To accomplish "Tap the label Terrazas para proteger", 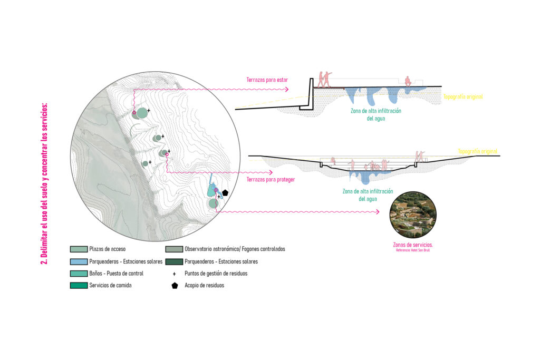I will pos(271,180).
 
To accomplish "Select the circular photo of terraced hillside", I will pos(412,217).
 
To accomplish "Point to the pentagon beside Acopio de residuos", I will pos(174,286).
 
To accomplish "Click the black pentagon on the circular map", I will pos(225,193).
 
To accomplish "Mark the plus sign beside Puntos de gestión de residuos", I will pos(174,274).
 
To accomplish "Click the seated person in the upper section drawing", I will pos(407,81).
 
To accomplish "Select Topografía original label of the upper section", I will pos(463,97).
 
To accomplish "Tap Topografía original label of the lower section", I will pos(478,151).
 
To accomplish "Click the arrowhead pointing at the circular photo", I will pos(378,212).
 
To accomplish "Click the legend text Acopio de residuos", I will pos(204,286).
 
